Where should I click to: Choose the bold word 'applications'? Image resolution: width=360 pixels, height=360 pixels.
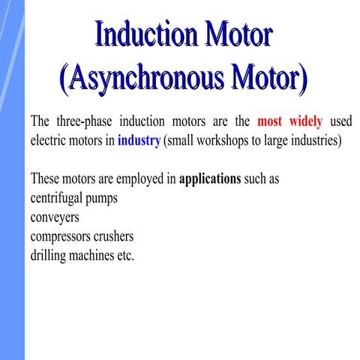210,180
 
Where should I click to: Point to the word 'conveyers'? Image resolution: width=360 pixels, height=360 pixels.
55,218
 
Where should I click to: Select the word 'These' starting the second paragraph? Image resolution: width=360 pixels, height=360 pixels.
45,180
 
